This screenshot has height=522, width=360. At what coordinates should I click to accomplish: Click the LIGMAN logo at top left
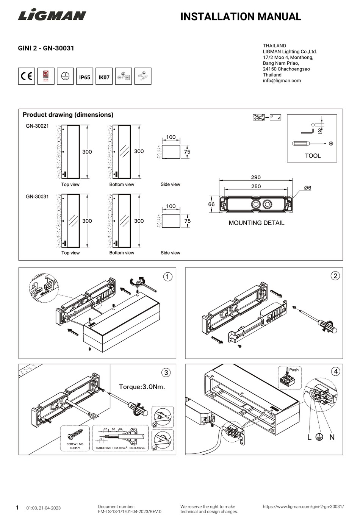pos(52,16)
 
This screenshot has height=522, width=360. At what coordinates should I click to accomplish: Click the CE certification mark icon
pos(27,77)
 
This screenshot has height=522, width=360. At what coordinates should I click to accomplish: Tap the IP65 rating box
pos(85,77)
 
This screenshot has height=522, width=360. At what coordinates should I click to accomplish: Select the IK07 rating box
pos(104,77)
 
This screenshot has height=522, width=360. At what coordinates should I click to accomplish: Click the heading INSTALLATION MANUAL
pos(241,17)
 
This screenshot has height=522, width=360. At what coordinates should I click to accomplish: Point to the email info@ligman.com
pos(282,81)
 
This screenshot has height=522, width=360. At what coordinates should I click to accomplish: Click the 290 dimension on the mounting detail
pos(256,177)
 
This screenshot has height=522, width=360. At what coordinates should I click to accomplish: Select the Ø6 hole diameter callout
pos(307,188)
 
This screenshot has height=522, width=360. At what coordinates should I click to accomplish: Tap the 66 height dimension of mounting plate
pos(211,204)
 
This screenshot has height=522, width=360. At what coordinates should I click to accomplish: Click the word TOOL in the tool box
pos(313,156)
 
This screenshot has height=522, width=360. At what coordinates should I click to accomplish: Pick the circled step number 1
pos(167,277)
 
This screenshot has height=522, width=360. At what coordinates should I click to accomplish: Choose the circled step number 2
pos(335,276)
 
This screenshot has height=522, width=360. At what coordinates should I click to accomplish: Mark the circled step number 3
pos(166,373)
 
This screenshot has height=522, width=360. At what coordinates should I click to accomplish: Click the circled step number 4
pos(335,371)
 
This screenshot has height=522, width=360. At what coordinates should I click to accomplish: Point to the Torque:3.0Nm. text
pos(142,387)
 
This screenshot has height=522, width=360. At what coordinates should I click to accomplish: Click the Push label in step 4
pos(294,370)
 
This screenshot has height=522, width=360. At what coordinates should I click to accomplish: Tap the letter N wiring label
pos(332,437)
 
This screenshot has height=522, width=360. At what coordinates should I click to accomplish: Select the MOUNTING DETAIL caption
pos(256,223)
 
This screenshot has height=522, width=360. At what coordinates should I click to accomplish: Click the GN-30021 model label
pos(37,126)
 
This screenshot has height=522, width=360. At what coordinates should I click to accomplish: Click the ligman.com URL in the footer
pos(303,506)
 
